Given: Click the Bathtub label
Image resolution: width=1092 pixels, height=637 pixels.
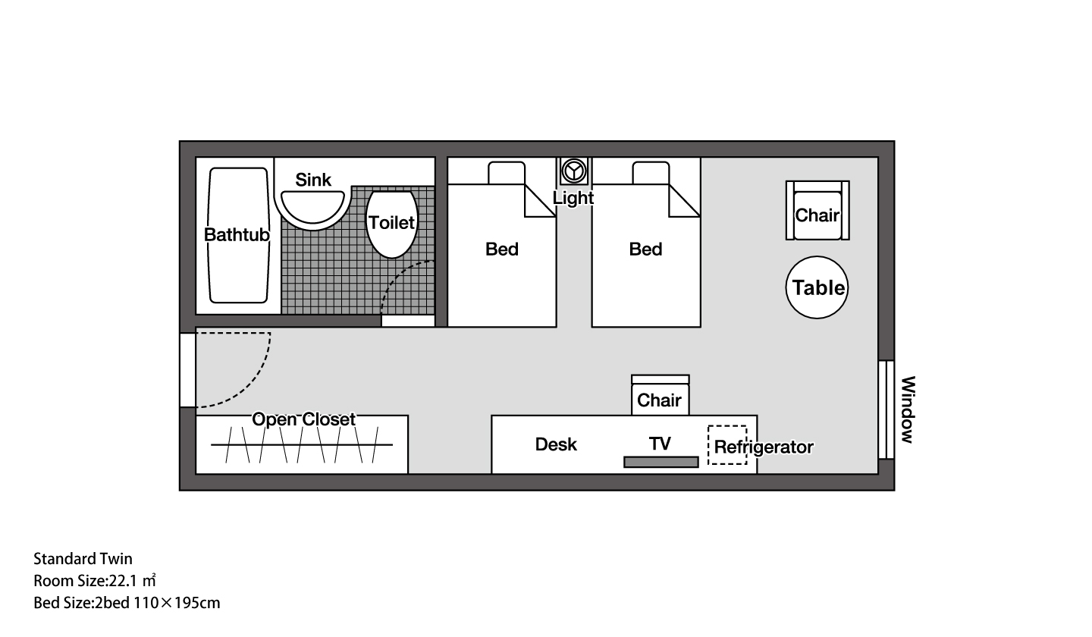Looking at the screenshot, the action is click(237, 235).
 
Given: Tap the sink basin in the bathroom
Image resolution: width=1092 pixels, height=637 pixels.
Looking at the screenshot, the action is click(312, 209).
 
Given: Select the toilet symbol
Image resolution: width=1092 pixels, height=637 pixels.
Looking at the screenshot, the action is click(392, 224).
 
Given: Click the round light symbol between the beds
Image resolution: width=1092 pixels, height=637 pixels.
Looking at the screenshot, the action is click(574, 171).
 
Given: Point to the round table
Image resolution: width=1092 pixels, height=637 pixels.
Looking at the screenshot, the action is click(817, 287).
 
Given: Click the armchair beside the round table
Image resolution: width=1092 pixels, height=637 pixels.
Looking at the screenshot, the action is click(817, 210).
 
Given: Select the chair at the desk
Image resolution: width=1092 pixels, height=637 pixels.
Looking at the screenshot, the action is click(660, 395).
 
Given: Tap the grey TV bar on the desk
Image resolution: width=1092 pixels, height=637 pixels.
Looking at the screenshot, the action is click(661, 462).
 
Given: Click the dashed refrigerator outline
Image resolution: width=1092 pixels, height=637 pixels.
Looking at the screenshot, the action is click(727, 445).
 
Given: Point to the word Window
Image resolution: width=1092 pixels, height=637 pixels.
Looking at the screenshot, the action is click(908, 409).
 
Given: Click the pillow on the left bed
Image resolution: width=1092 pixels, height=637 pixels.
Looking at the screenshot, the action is click(507, 173).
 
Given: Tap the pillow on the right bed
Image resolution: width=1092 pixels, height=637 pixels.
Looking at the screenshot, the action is click(651, 173).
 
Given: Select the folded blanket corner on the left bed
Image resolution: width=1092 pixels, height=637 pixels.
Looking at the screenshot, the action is click(540, 201).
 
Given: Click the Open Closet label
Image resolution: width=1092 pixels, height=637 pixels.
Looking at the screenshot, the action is click(303, 419).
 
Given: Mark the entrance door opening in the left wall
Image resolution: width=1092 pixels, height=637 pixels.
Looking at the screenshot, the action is click(188, 370).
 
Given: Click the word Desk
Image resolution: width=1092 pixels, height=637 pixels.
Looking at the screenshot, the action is click(556, 444).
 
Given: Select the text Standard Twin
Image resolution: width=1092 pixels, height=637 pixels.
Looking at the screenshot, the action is click(83, 559).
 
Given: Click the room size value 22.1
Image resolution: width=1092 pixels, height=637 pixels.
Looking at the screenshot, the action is click(123, 581).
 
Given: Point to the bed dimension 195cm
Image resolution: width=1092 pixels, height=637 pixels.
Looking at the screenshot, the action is click(197, 604).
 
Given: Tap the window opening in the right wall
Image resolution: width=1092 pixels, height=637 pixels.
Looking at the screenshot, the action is click(886, 409).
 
